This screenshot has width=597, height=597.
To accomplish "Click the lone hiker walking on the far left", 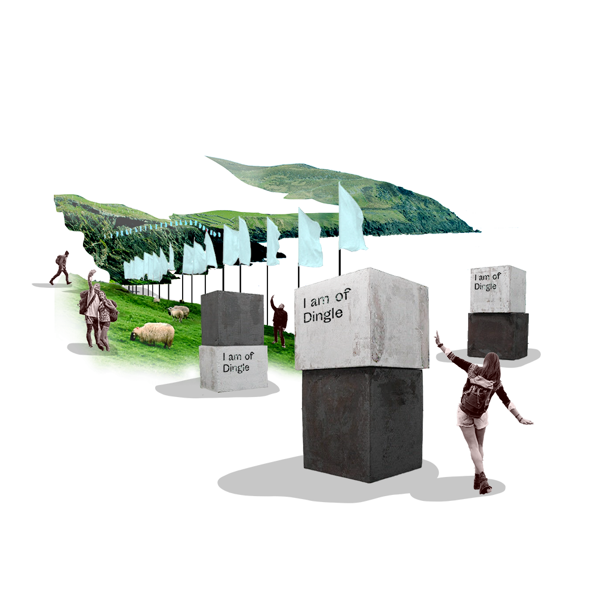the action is [61, 267].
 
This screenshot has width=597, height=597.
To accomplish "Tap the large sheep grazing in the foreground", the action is [152, 334].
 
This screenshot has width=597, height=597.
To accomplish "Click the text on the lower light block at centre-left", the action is [237, 362].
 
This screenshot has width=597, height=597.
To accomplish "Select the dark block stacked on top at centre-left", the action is [232, 318].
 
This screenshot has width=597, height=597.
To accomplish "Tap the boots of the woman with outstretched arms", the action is [481, 482].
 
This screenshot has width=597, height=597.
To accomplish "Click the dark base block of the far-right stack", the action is [498, 336].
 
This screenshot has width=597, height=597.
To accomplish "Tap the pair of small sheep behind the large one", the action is [178, 312].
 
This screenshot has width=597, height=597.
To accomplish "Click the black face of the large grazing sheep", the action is [134, 335].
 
